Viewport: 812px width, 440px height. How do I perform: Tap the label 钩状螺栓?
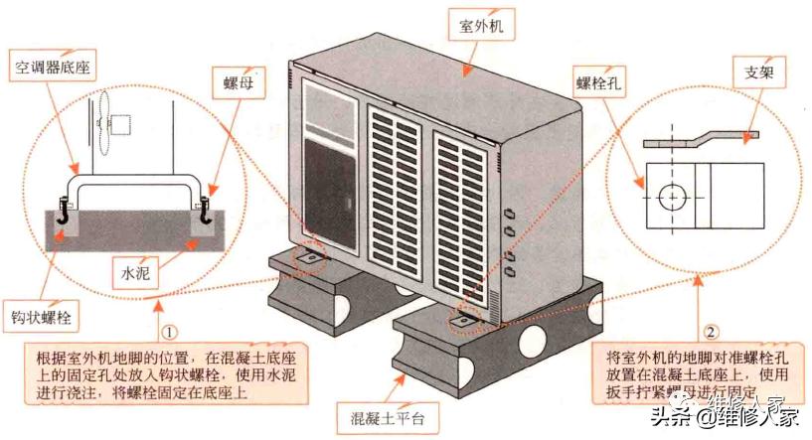[41, 319]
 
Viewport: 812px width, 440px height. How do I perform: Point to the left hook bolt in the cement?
[63, 211]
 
